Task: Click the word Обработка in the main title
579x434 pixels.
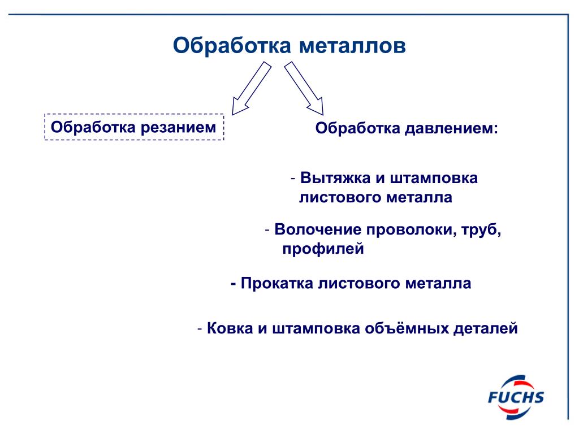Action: click(230, 46)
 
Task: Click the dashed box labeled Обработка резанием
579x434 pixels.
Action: click(135, 127)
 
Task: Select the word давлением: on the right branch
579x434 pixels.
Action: click(451, 129)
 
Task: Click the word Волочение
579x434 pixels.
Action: click(318, 230)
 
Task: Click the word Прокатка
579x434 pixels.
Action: click(276, 283)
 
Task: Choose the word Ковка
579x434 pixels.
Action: click(230, 328)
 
